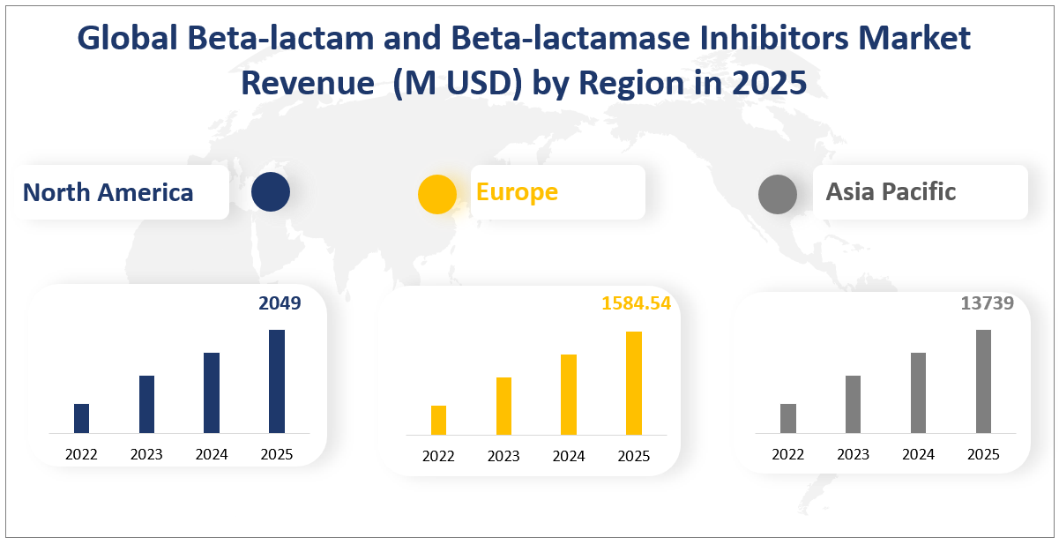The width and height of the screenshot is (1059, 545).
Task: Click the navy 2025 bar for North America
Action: (276, 381)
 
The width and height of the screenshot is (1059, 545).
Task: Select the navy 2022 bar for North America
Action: (81, 418)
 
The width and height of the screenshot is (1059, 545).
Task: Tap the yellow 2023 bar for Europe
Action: (503, 406)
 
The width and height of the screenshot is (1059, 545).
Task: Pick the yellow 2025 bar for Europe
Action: (633, 383)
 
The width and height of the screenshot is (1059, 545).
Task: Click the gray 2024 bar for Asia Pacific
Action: (918, 392)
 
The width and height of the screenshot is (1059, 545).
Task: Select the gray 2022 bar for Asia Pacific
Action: (788, 418)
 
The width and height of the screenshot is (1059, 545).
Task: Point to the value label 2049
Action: (280, 303)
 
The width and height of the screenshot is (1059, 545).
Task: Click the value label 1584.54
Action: (636, 303)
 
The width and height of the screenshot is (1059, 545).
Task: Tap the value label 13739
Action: (987, 303)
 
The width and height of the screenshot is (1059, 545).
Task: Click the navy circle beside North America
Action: (270, 192)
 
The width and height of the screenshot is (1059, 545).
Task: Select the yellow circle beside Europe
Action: (437, 194)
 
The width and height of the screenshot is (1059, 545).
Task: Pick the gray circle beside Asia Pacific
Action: (777, 194)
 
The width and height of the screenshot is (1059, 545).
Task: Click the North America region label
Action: (108, 192)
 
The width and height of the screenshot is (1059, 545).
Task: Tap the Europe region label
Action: (517, 191)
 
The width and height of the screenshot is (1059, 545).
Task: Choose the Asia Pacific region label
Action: (891, 191)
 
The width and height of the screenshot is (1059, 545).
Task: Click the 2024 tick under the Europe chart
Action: (569, 456)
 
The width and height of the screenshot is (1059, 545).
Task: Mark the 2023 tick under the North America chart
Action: (146, 454)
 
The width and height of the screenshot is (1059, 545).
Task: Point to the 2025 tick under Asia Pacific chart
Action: (983, 454)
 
